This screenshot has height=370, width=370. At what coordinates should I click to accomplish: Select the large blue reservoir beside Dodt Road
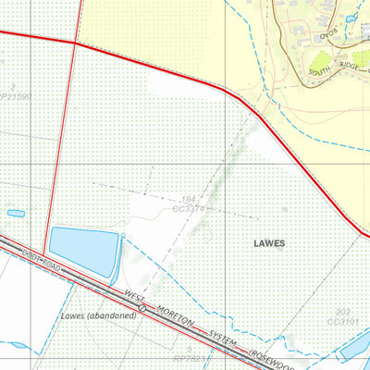[x=82, y=253]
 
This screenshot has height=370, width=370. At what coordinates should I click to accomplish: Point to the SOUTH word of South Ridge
[x=321, y=69]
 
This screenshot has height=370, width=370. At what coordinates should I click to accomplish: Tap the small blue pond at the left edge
[x=16, y=213]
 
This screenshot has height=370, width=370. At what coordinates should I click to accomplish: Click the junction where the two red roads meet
[x=75, y=43]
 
